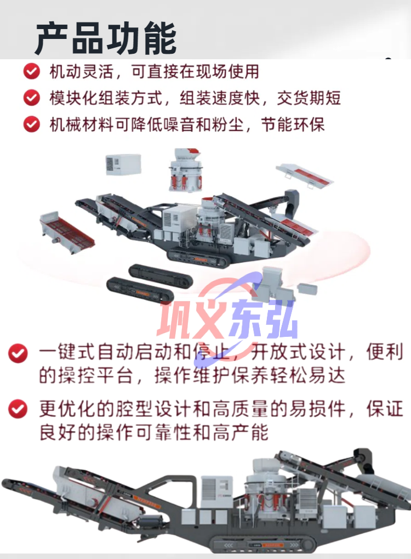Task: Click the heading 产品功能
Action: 106,38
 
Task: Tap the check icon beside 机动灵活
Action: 32,71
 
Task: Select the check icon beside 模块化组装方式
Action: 32,98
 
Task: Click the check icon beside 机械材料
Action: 32,125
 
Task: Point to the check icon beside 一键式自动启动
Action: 18,353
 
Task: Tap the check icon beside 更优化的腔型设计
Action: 18,409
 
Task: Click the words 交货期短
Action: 309,98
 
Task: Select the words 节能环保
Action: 293,125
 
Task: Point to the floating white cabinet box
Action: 123,164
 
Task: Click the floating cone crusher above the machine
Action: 185,170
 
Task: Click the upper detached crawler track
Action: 161,276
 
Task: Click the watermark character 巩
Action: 175,319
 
